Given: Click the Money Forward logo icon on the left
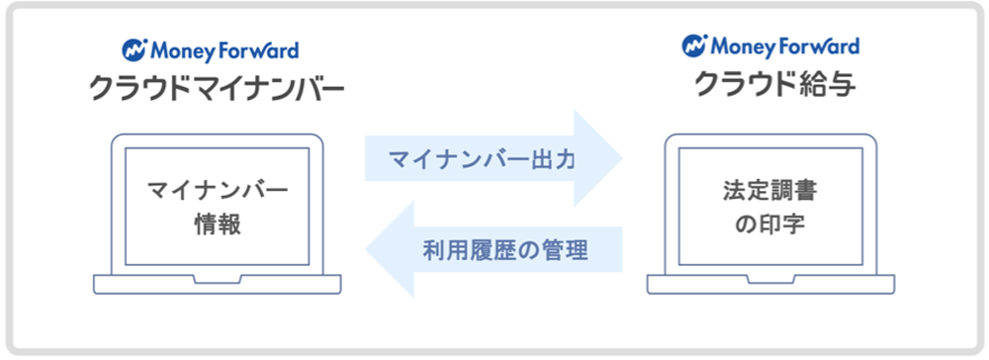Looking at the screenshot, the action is (x=135, y=48).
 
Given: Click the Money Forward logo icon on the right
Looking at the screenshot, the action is (x=693, y=45).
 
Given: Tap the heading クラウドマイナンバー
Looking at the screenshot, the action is (x=217, y=91).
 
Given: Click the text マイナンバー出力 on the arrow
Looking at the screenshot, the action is (x=481, y=158).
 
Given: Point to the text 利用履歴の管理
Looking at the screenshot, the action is (x=505, y=250).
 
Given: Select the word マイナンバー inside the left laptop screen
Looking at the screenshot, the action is (x=218, y=188).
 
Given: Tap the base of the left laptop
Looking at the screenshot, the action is (x=218, y=284).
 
